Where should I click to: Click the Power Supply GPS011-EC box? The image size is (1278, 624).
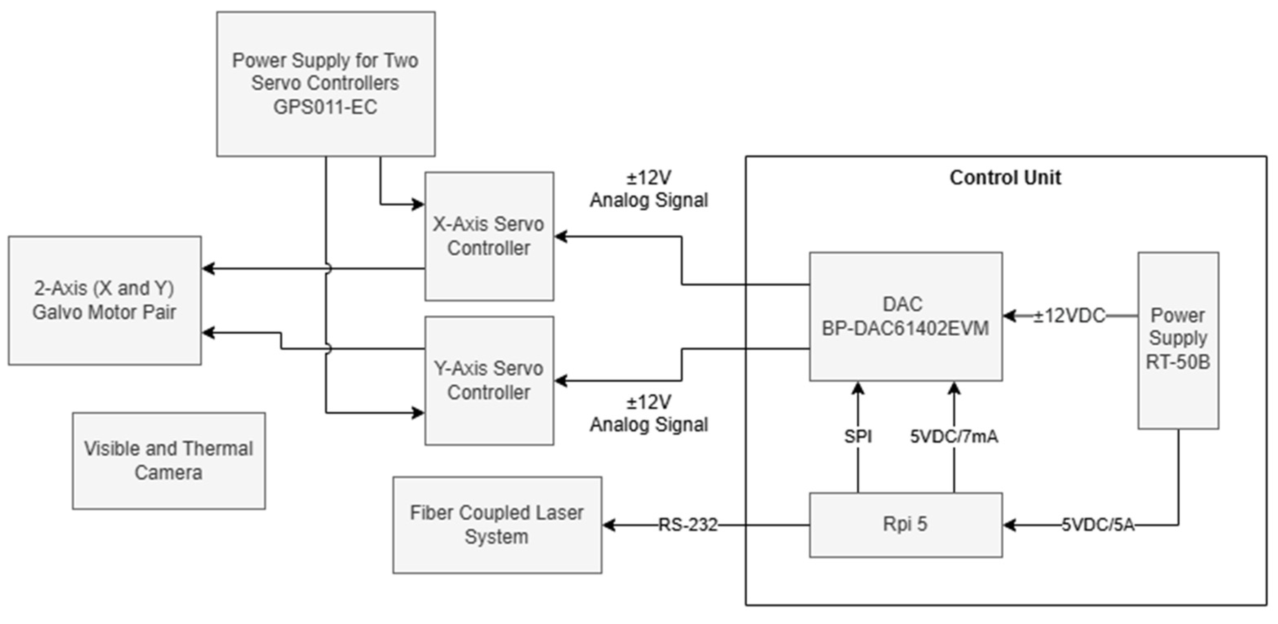(x=325, y=83)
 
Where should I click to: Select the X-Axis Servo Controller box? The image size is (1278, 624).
(x=489, y=236)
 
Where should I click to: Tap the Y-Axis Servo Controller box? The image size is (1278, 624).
(x=489, y=380)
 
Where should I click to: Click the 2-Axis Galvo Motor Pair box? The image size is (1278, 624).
(x=104, y=300)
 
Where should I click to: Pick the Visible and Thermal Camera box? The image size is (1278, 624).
(x=169, y=461)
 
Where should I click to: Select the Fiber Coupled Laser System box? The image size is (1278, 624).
(x=497, y=525)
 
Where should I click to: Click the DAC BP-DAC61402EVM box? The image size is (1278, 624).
(x=905, y=316)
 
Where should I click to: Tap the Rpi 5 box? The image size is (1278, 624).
(x=905, y=524)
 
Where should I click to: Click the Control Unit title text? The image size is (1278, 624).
(x=1005, y=178)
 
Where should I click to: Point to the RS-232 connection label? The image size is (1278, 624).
(x=688, y=525)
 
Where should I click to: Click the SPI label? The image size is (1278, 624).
(x=858, y=437)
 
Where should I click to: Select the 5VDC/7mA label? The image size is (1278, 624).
(x=953, y=437)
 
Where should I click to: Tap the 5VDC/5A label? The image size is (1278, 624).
(x=1098, y=525)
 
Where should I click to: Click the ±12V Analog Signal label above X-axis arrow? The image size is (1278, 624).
(x=649, y=189)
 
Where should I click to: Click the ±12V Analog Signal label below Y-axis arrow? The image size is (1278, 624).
(x=649, y=414)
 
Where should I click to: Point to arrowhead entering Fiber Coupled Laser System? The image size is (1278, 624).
(x=608, y=525)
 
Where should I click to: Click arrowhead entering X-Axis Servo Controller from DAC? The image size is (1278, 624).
(x=560, y=236)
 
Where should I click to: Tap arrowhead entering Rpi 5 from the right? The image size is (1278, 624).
(x=1009, y=525)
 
